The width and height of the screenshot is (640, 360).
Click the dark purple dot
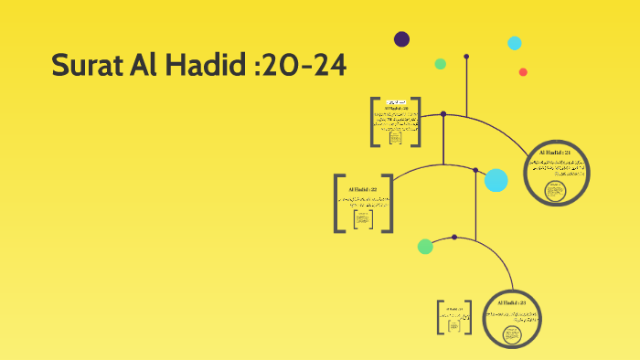[x=401, y=38]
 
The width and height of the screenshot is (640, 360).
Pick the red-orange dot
[x=523, y=72]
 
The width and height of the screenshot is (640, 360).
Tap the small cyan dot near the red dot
[x=515, y=43]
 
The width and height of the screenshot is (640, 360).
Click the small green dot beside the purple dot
[x=440, y=64]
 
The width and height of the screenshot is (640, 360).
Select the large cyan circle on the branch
[x=496, y=180]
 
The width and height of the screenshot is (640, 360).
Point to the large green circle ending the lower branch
[x=425, y=246]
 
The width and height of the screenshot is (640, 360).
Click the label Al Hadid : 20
[x=396, y=108]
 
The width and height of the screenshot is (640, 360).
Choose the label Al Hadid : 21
[x=555, y=153]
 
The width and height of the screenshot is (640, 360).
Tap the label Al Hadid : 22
[x=363, y=189]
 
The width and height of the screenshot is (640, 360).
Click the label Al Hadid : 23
[x=510, y=302]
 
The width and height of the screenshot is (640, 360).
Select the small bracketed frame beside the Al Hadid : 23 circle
[x=453, y=317]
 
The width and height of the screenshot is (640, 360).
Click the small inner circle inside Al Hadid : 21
[x=554, y=191]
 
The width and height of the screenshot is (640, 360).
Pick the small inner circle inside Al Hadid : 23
[x=510, y=333]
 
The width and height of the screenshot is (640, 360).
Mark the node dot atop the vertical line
[x=466, y=57]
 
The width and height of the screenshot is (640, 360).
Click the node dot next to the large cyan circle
[x=475, y=170]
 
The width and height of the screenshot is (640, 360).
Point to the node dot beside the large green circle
[x=453, y=238]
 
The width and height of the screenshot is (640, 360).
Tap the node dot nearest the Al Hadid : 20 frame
[x=443, y=114]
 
